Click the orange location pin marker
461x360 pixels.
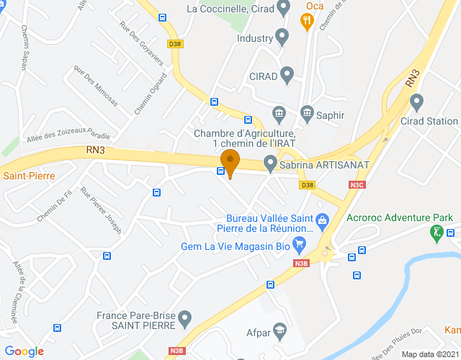click(x=230, y=163)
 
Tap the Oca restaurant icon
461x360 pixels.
click(x=307, y=21)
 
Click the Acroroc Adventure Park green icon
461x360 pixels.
click(x=437, y=233)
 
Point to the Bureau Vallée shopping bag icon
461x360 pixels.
click(x=322, y=218)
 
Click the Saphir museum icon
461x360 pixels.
click(x=307, y=113)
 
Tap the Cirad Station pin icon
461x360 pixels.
click(x=416, y=102)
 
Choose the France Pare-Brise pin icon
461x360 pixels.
click(x=186, y=317)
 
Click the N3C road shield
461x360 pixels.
click(x=357, y=185)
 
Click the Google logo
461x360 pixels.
click(x=25, y=351)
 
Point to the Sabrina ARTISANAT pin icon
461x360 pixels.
click(x=270, y=164)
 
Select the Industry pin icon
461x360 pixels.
click(x=282, y=36)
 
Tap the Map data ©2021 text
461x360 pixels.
click(x=429, y=354)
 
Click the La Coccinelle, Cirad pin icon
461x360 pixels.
click(x=283, y=9)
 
